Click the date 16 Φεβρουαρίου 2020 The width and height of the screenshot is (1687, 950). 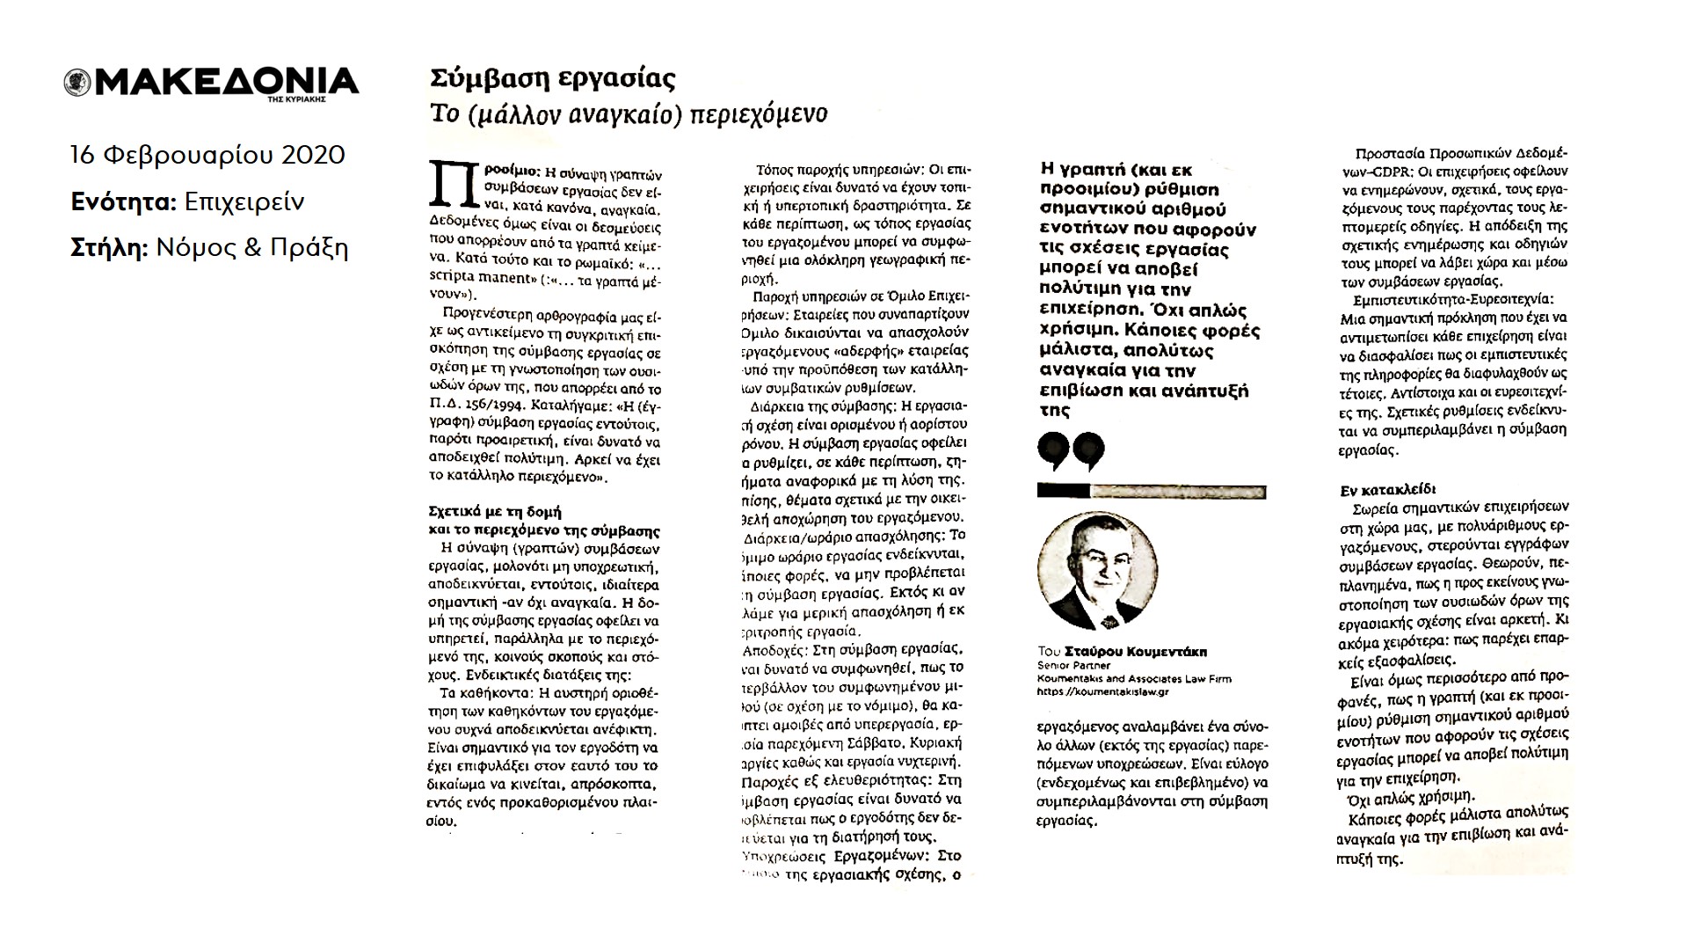pyautogui.click(x=207, y=156)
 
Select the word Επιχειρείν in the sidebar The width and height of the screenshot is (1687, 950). pyautogui.click(x=245, y=202)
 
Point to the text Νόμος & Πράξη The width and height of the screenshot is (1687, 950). pyautogui.click(x=252, y=249)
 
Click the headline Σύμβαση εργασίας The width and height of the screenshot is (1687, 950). pyautogui.click(x=553, y=79)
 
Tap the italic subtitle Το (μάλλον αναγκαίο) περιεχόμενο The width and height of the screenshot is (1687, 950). pyautogui.click(x=628, y=114)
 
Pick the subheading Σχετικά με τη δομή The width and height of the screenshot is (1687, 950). pyautogui.click(x=494, y=510)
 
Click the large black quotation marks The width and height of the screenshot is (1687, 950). pyautogui.click(x=1070, y=450)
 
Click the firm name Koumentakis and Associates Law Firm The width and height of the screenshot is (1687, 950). pyautogui.click(x=1134, y=679)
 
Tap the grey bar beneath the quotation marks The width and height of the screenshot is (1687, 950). pyautogui.click(x=1178, y=491)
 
